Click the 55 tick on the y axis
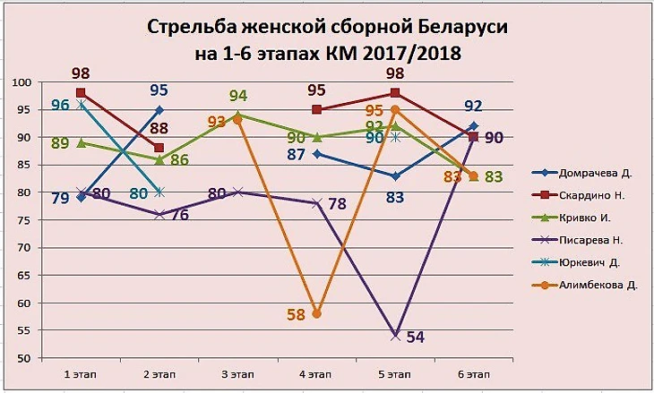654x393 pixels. click(23, 330)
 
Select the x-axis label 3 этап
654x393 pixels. click(237, 371)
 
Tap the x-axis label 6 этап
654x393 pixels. click(473, 371)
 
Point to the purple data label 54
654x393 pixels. click(416, 337)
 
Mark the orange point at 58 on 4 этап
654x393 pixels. click(316, 313)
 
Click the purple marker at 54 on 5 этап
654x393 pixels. click(395, 336)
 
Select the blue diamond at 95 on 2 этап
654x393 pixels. click(159, 110)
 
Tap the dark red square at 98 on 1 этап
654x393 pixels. click(81, 93)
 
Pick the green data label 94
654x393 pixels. click(238, 96)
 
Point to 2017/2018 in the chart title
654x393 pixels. click(409, 53)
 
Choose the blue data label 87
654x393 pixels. click(297, 155)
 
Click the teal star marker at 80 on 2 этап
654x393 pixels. click(159, 192)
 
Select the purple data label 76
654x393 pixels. click(178, 214)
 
